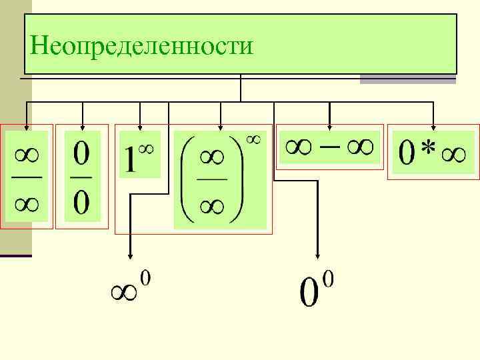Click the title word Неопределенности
click(x=141, y=46)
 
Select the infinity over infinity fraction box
click(x=27, y=176)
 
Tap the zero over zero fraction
click(x=82, y=176)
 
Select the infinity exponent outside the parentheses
click(x=253, y=139)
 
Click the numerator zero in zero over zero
click(x=82, y=157)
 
